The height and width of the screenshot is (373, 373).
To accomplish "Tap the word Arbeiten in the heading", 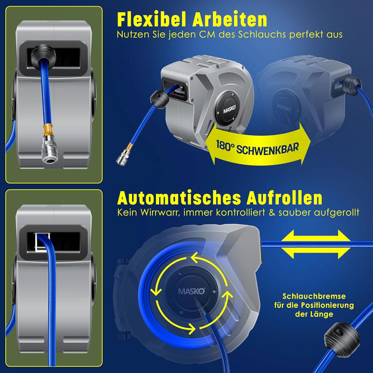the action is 230,19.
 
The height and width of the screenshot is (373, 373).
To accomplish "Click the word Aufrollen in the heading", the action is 284,198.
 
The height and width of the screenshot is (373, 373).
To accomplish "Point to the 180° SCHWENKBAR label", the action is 257,148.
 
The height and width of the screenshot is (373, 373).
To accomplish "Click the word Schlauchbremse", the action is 314,296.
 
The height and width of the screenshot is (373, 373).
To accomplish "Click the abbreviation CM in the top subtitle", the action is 207,35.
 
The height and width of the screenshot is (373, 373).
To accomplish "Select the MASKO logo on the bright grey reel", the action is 229,109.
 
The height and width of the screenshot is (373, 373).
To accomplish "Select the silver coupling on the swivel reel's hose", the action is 123,157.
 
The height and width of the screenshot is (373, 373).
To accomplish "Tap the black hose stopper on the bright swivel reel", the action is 159,99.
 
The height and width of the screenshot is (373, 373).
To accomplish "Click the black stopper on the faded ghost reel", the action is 352,86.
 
